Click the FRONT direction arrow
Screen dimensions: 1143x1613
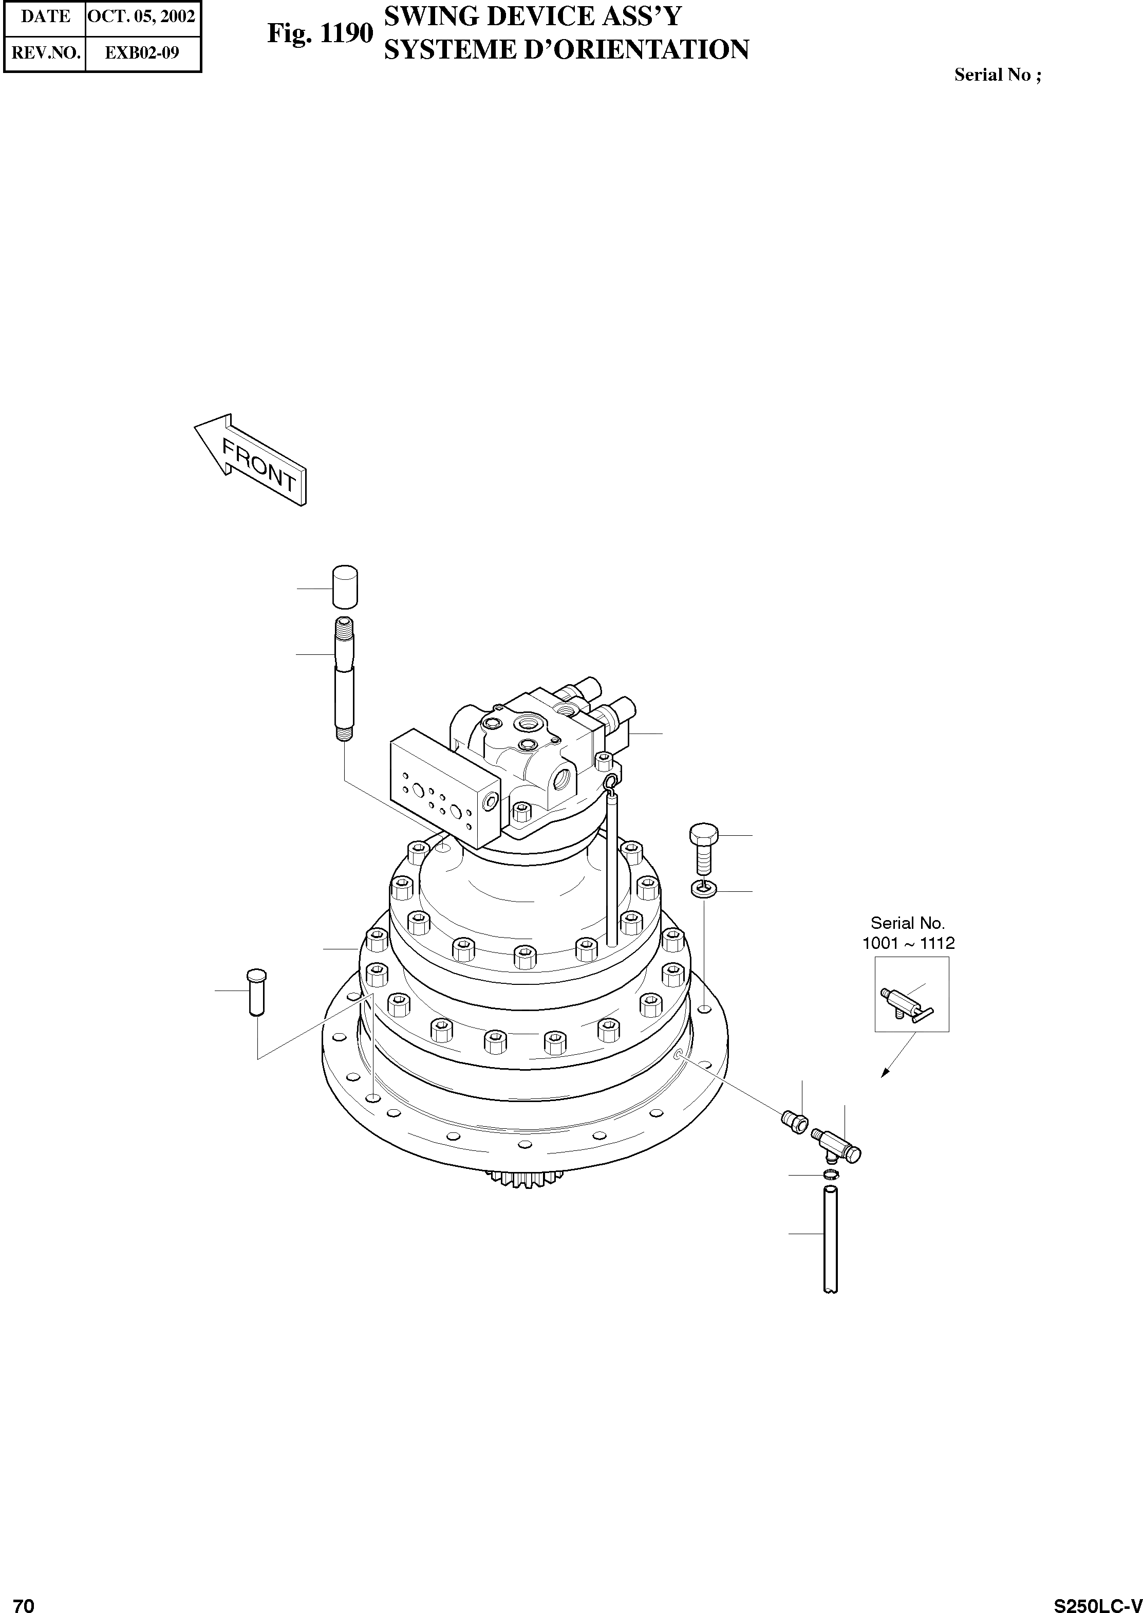pos(251,460)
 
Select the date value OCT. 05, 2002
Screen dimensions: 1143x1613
pos(141,16)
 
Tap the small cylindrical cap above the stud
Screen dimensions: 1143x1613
pos(344,586)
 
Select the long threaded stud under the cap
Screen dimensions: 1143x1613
pos(344,679)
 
